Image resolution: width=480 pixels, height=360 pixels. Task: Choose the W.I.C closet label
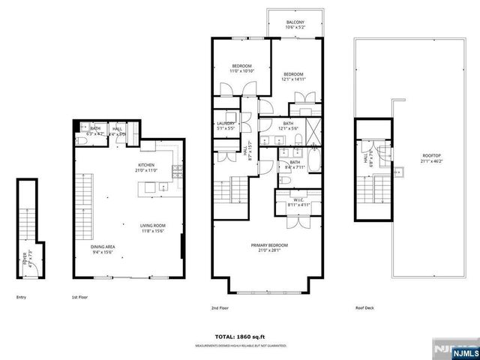click(298, 200)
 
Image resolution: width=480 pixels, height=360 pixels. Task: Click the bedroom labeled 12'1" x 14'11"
click(292, 76)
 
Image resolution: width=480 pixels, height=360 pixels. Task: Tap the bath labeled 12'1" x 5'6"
click(288, 127)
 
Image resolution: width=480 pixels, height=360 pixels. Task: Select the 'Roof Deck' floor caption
click(365, 307)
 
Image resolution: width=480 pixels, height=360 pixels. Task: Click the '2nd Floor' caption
click(220, 307)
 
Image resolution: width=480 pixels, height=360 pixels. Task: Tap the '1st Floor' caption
click(80, 298)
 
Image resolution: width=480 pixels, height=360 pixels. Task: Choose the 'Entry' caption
click(21, 298)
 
